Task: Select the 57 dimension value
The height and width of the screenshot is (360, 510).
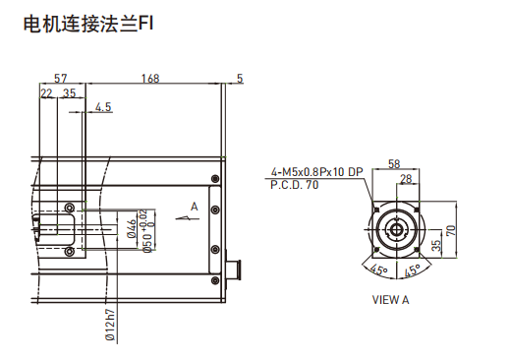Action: pyautogui.click(x=60, y=78)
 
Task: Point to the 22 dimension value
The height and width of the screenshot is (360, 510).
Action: pyautogui.click(x=46, y=92)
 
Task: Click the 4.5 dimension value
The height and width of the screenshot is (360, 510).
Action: pyautogui.click(x=103, y=106)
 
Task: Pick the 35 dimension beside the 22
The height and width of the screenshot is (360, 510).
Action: pyautogui.click(x=69, y=92)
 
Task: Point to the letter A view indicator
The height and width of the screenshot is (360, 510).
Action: pyautogui.click(x=195, y=206)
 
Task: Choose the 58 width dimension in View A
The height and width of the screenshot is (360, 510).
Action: pyautogui.click(x=394, y=164)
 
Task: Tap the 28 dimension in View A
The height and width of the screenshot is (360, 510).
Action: pyautogui.click(x=407, y=178)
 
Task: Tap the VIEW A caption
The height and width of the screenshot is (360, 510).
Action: pyautogui.click(x=390, y=299)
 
